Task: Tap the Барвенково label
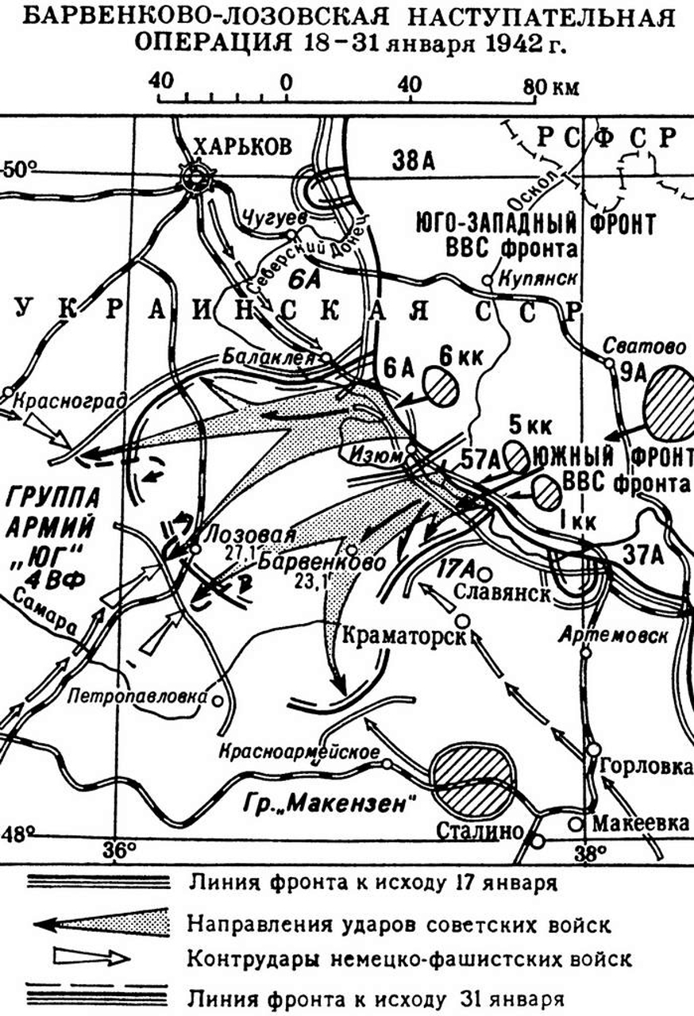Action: pyautogui.click(x=311, y=560)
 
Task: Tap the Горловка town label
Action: pyautogui.click(x=644, y=767)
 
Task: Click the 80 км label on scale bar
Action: pyautogui.click(x=556, y=86)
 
